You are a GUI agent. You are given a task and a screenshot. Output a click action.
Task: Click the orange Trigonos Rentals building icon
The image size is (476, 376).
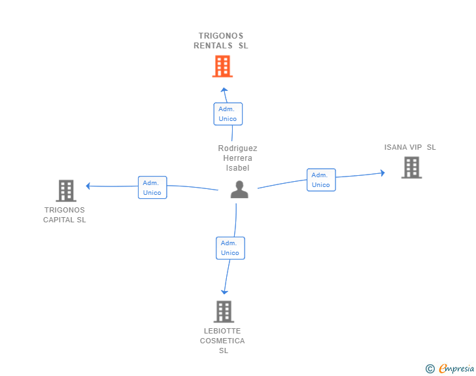point(222,66)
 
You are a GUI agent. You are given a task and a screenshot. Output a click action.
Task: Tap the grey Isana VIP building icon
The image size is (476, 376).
point(412,167)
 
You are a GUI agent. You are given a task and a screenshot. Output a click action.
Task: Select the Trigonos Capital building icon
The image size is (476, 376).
point(66,191)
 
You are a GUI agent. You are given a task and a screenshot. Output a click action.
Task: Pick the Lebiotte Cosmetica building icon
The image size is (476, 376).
point(224,312)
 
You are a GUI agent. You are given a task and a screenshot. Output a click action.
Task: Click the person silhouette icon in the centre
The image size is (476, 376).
point(239,190)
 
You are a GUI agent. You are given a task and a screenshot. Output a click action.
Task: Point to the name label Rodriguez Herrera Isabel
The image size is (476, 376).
point(238,158)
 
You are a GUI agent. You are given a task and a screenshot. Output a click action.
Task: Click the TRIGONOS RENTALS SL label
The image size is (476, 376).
point(221,41)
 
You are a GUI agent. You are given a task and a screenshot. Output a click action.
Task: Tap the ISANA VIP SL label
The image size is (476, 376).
point(410,147)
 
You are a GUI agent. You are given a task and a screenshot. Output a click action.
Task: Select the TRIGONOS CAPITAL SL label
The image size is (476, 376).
point(64,214)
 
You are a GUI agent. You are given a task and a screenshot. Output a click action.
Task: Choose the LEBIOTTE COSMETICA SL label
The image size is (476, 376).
point(222,341)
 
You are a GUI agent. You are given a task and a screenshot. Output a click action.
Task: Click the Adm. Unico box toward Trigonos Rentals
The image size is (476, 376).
point(228,114)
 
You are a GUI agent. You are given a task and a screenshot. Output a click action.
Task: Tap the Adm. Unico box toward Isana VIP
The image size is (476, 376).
point(321,180)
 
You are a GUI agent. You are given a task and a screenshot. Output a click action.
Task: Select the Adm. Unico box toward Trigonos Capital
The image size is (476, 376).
point(152,188)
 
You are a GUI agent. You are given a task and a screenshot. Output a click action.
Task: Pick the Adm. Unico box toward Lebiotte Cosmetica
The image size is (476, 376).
point(230,248)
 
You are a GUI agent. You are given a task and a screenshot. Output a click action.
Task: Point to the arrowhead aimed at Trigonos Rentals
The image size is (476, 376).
point(224,90)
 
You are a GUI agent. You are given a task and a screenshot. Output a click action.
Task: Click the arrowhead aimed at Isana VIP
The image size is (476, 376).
point(383,173)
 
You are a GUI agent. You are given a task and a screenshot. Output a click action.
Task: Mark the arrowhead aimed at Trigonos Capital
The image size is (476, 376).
point(88,186)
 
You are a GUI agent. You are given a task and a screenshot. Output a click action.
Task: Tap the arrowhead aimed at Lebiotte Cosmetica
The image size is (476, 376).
point(224,292)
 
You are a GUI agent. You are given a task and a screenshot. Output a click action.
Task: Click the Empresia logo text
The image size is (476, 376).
point(456,368)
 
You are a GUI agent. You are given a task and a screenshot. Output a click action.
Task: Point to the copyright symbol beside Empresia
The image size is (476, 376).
point(430,369)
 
